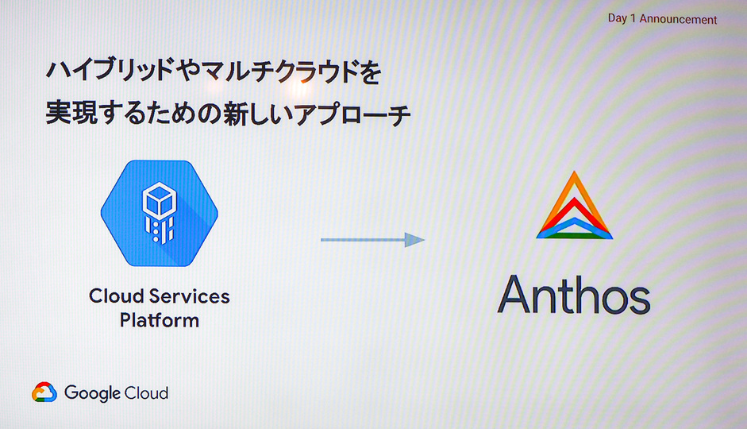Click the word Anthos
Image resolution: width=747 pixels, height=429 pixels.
pyautogui.click(x=573, y=294)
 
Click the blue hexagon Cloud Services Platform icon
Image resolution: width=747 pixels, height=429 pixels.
pyautogui.click(x=159, y=212)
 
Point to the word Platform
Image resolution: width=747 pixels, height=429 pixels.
pyautogui.click(x=159, y=321)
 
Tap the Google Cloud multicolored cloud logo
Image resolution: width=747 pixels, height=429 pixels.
pyautogui.click(x=44, y=392)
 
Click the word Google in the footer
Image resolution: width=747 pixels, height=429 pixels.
pyautogui.click(x=92, y=392)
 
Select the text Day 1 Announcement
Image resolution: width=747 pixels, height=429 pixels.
pyautogui.click(x=662, y=19)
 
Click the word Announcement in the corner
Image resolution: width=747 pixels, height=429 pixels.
pyautogui.click(x=679, y=19)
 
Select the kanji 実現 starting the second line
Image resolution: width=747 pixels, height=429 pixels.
pyautogui.click(x=66, y=114)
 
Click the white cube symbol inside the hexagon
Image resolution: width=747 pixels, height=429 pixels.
pyautogui.click(x=159, y=198)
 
